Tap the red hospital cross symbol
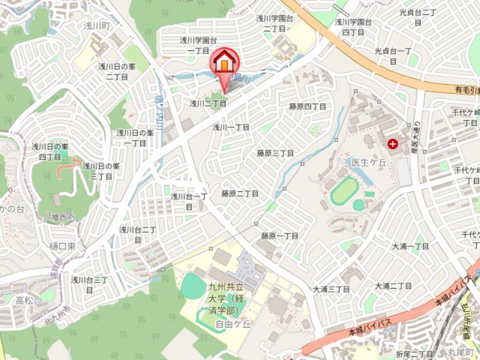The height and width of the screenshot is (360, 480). point(392,143)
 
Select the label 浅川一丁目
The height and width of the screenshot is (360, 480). point(231,127)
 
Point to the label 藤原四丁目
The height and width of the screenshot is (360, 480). point(307,107)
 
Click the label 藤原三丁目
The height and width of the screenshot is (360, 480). point(276,153)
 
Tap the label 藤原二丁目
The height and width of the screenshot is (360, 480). point(240,193)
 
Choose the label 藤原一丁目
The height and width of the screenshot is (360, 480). point(279,236)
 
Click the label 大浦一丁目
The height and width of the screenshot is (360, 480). point(411,246)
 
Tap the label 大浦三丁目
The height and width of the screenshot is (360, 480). point(331,289)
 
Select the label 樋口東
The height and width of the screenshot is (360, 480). point(61,247)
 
